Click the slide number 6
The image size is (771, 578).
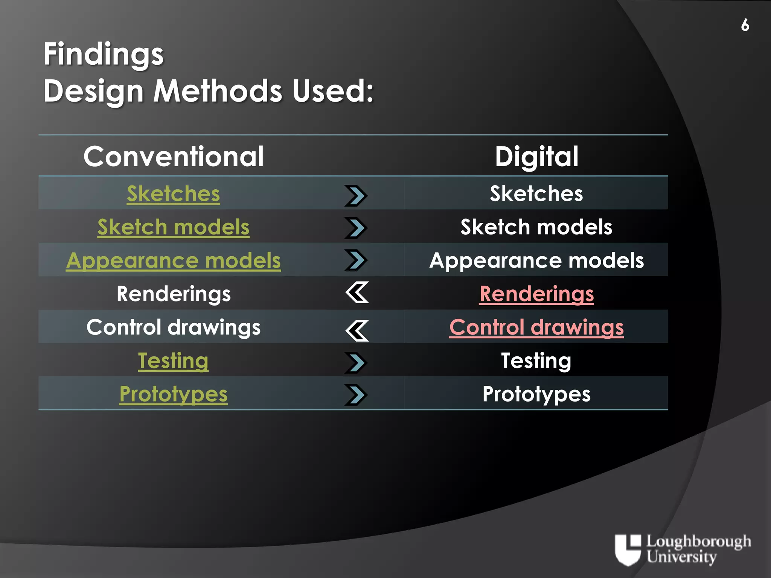pyautogui.click(x=745, y=25)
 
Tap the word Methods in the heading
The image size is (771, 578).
pyautogui.click(x=218, y=91)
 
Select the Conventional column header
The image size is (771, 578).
pyautogui.click(x=174, y=157)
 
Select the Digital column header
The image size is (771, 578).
pyautogui.click(x=536, y=157)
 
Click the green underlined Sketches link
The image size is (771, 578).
pyautogui.click(x=173, y=194)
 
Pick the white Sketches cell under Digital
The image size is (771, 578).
pyautogui.click(x=536, y=194)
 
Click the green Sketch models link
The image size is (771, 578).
pyautogui.click(x=173, y=227)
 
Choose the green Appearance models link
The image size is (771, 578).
pyautogui.click(x=173, y=260)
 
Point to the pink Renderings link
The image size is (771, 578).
pyautogui.click(x=536, y=294)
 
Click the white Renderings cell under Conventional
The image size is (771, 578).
pyautogui.click(x=174, y=294)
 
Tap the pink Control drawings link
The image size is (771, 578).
pyautogui.click(x=536, y=327)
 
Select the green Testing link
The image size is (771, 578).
pyautogui.click(x=173, y=360)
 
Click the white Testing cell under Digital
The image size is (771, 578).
pyautogui.click(x=536, y=360)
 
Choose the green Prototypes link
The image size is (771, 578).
pyautogui.click(x=173, y=394)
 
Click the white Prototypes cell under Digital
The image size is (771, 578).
pyautogui.click(x=536, y=394)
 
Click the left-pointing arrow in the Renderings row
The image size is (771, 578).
pyautogui.click(x=357, y=292)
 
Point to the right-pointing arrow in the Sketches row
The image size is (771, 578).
pyautogui.click(x=356, y=196)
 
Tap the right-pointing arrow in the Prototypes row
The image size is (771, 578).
pyautogui.click(x=356, y=395)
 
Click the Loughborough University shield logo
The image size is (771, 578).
pyautogui.click(x=628, y=549)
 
